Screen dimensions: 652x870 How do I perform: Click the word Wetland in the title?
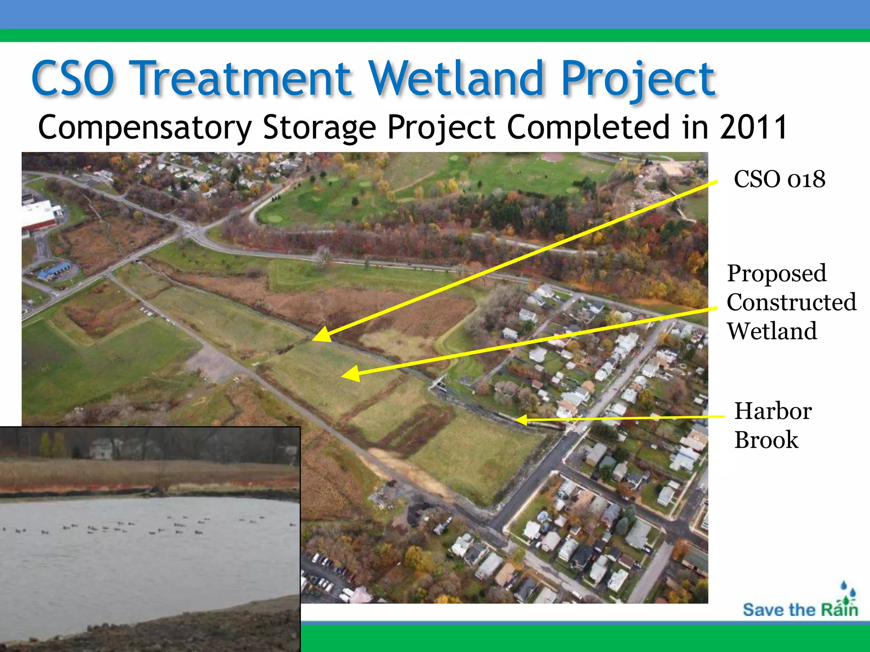457,79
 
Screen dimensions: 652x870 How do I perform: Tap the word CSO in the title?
73,79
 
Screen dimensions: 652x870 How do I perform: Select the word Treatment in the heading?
243,79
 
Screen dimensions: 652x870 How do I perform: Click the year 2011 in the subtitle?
753,127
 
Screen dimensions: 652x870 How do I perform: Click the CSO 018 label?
780,179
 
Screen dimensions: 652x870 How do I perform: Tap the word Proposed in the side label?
777,273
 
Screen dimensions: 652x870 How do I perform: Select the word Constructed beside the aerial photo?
791,302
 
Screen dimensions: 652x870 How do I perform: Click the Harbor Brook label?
772,425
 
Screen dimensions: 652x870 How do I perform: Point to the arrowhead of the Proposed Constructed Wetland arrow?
349,374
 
